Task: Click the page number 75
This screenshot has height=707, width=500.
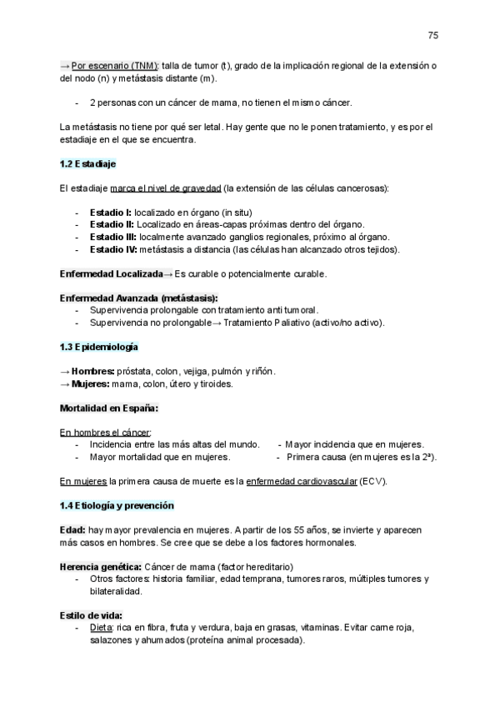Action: click(x=432, y=35)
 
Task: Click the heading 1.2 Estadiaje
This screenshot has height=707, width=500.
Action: click(x=87, y=163)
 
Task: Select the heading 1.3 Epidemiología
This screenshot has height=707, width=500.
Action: click(x=98, y=345)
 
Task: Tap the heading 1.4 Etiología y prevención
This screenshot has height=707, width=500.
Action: click(x=117, y=505)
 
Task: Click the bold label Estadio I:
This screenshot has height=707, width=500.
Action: click(x=111, y=213)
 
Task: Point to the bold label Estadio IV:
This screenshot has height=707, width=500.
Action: click(x=113, y=248)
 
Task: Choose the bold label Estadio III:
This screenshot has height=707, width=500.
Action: click(x=113, y=237)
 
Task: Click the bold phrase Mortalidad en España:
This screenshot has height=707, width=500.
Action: click(x=109, y=409)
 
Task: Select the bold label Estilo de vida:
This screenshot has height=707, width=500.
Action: click(x=91, y=616)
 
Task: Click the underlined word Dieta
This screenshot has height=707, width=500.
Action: click(x=101, y=628)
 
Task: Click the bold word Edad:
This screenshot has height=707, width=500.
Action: click(x=72, y=529)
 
